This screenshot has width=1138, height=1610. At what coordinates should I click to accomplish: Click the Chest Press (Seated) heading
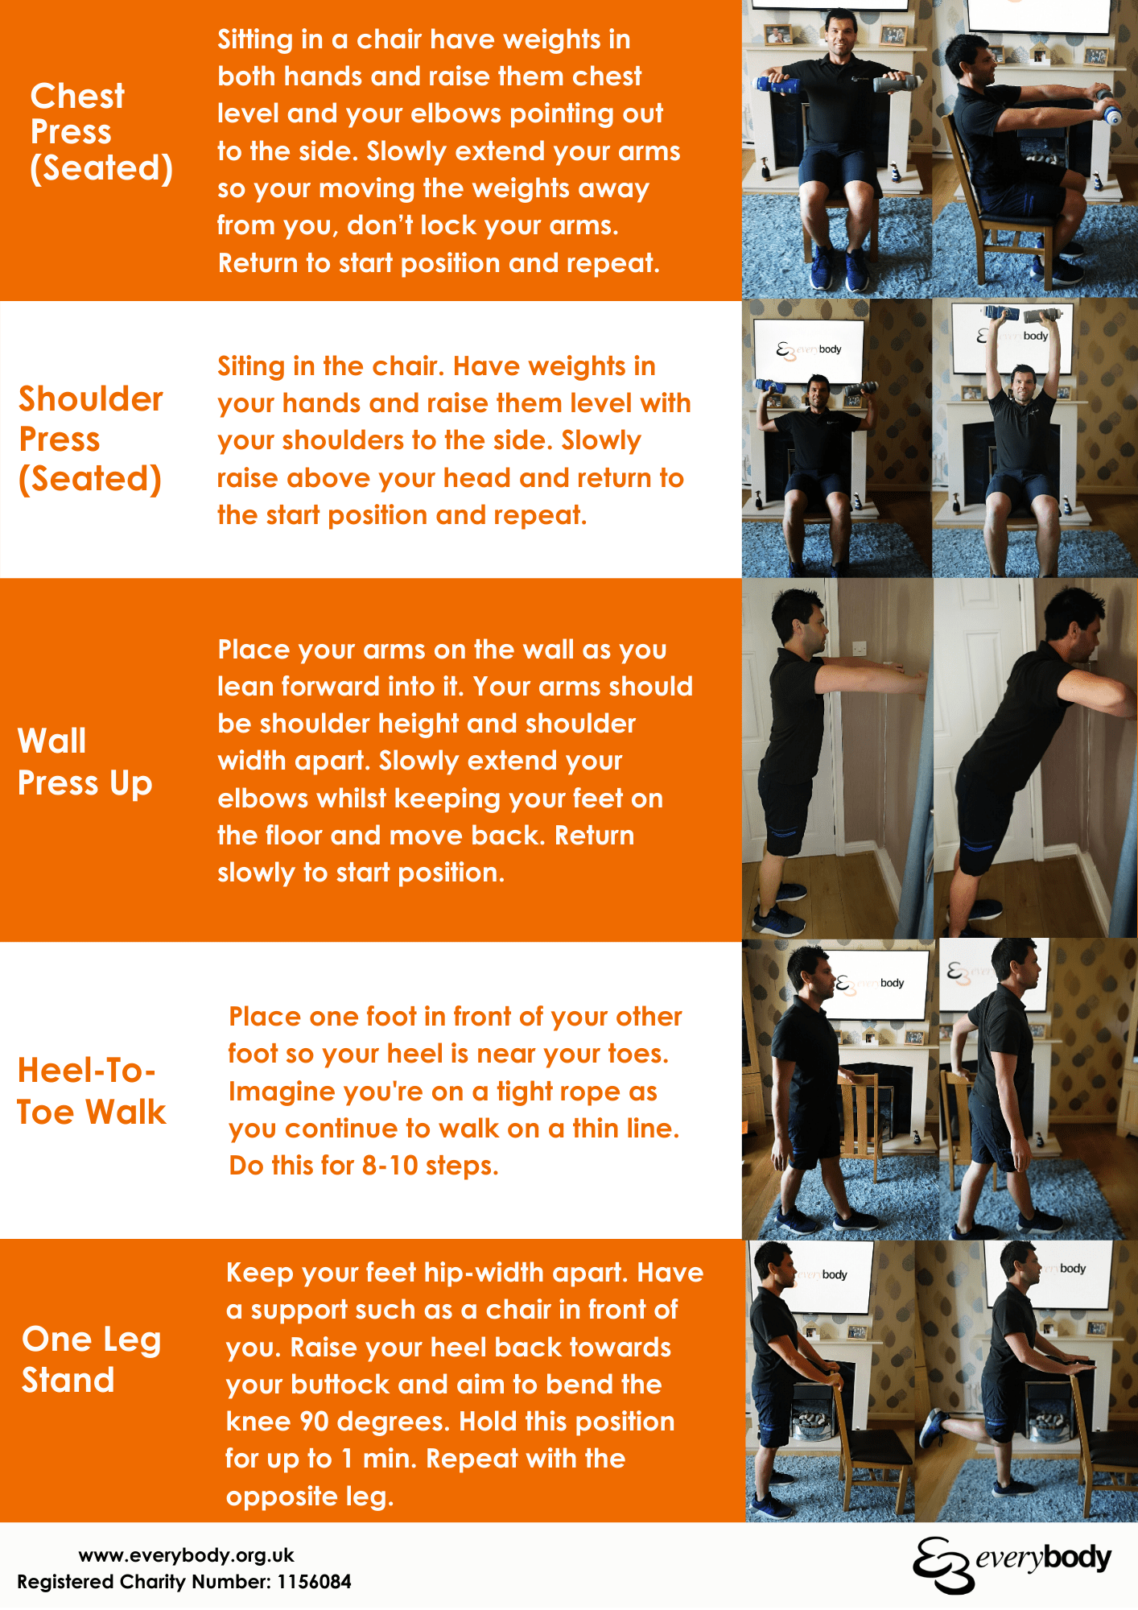click(101, 132)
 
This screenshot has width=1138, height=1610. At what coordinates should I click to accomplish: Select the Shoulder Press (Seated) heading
click(90, 439)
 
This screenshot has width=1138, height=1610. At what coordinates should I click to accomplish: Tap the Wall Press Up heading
click(85, 762)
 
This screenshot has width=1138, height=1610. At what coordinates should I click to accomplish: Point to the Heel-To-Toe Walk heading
click(91, 1091)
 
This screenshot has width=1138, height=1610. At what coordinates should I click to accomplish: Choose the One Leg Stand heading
click(91, 1360)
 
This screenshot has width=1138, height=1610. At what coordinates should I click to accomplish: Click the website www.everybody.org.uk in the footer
click(186, 1554)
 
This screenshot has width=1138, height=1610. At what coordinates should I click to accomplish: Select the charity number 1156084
click(314, 1582)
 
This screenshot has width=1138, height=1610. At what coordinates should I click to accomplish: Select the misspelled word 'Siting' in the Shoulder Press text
click(250, 366)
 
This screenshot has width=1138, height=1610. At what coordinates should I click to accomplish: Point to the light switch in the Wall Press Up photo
click(859, 648)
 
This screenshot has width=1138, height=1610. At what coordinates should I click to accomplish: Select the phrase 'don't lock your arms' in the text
click(482, 225)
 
